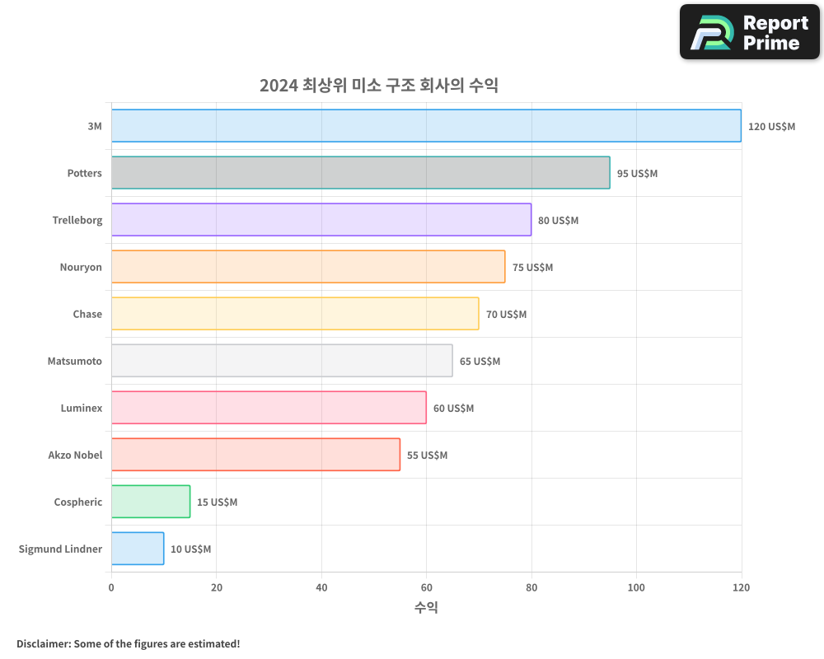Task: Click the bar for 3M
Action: point(426,126)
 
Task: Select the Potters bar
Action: point(360,173)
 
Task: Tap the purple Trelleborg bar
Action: point(321,220)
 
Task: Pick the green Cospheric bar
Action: point(150,502)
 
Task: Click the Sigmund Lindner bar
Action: point(137,549)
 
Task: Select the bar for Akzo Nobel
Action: point(255,455)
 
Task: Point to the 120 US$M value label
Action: point(771,127)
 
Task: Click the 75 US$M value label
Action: point(532,268)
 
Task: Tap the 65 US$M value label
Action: point(480,362)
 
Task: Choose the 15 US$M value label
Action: point(217,502)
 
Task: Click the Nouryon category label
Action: point(81,267)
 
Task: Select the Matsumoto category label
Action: point(75,361)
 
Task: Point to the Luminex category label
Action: point(82,408)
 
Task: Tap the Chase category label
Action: point(87,314)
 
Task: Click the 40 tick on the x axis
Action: point(321,588)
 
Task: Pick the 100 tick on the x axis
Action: point(636,588)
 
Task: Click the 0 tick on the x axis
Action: point(111,588)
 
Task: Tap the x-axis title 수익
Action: point(426,608)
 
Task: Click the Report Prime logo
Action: point(750,32)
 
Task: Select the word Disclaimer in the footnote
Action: point(43,643)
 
